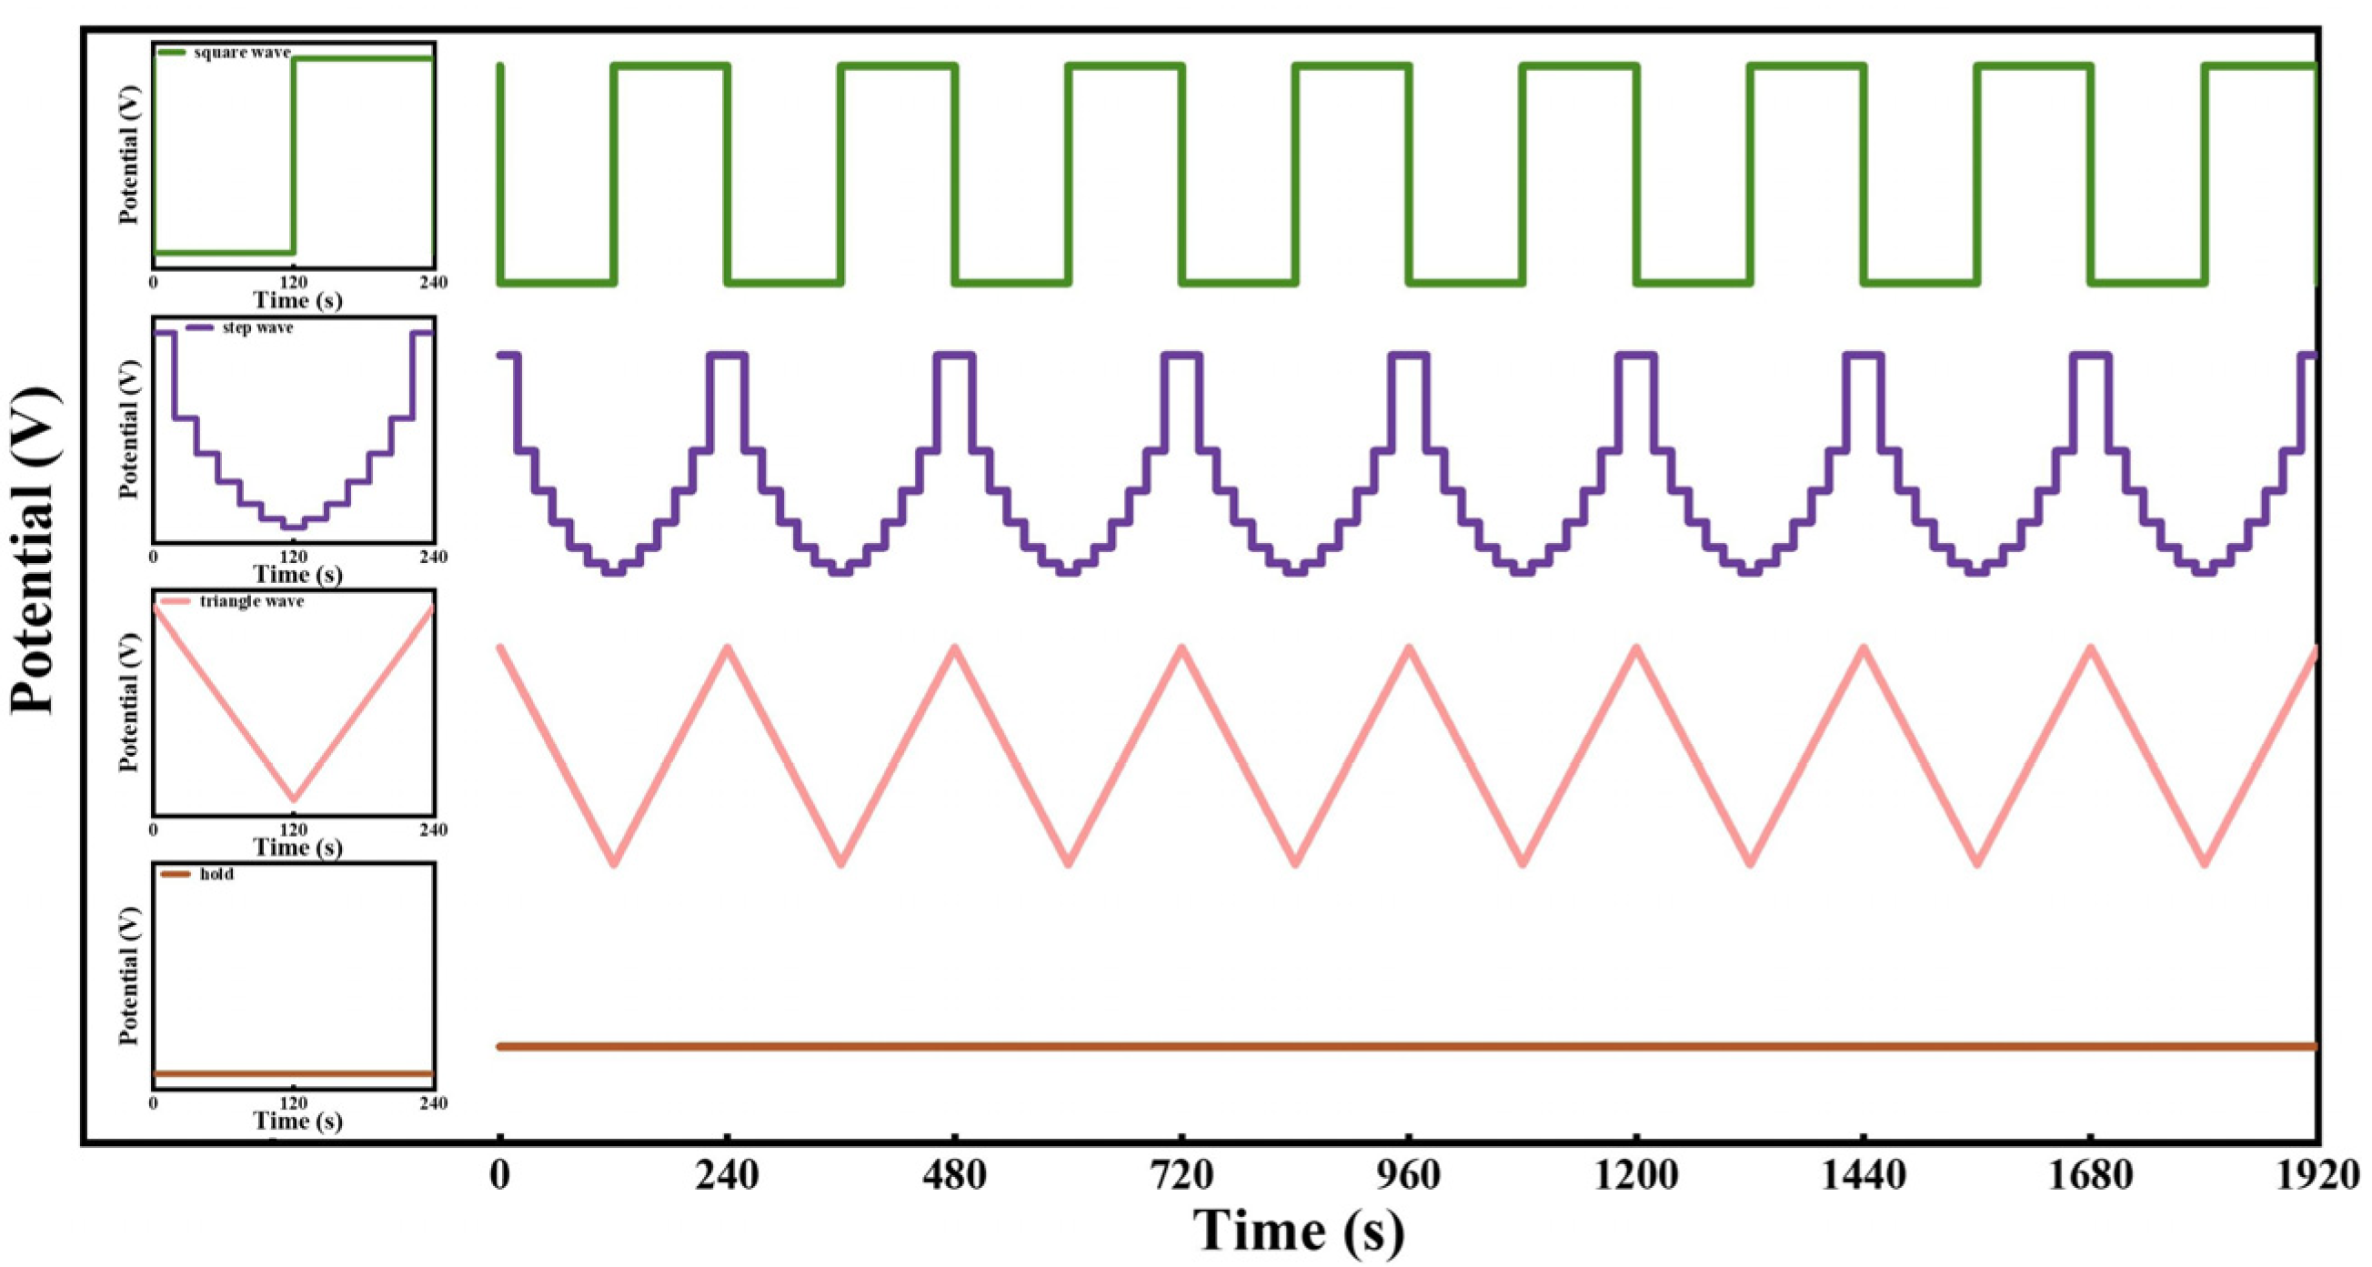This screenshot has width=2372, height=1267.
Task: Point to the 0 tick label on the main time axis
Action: (499, 1178)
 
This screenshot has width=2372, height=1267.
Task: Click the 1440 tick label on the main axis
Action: (1864, 1178)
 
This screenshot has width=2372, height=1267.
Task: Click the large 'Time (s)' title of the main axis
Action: (1300, 1232)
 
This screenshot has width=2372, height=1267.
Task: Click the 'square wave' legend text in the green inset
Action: (241, 53)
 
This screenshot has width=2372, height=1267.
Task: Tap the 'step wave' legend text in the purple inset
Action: (256, 327)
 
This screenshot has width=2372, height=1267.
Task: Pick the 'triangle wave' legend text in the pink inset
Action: (251, 601)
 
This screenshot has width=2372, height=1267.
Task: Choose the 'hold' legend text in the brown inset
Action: (216, 874)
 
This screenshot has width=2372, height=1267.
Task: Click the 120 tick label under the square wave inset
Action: (293, 282)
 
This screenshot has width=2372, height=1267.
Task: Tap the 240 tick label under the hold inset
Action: (433, 1103)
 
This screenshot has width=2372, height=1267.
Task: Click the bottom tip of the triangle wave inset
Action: (294, 799)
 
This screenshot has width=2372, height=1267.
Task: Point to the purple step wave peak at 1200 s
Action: (1636, 356)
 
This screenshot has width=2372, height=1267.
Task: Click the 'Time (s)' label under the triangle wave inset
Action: (297, 847)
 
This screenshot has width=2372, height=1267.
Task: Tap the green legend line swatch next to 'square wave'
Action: (172, 53)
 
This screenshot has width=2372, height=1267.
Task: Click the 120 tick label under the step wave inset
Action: (293, 557)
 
